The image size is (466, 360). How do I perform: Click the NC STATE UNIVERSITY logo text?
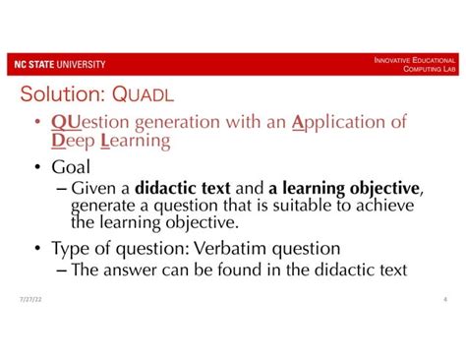click(58, 65)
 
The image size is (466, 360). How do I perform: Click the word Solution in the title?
click(63, 95)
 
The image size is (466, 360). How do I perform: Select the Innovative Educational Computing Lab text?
click(414, 65)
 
